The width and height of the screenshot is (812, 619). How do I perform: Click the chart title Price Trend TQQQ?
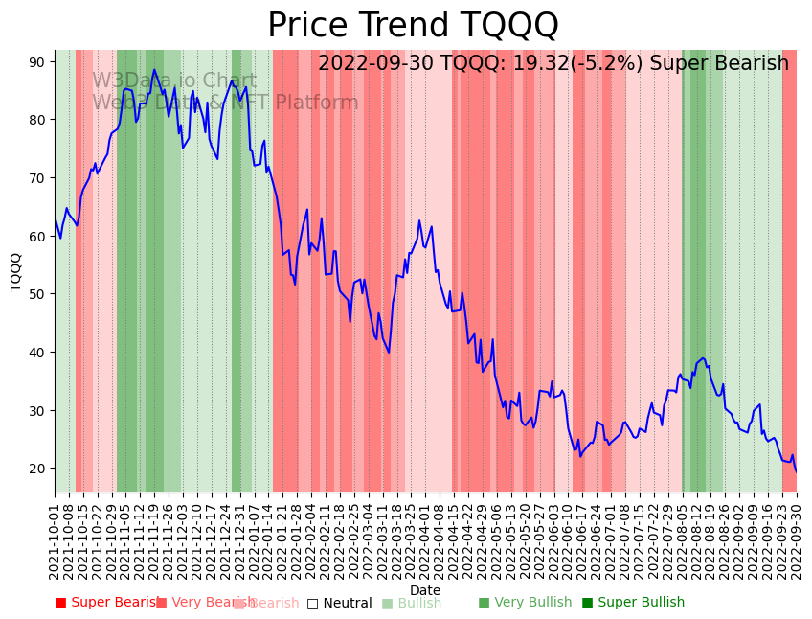(413, 26)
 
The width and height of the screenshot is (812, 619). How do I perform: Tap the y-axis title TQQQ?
(16, 271)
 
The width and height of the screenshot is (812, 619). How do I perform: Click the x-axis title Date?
(425, 590)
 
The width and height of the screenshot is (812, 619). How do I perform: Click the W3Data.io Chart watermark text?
(174, 81)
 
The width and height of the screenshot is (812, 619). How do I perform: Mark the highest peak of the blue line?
(154, 70)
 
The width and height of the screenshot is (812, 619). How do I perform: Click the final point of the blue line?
(796, 471)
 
